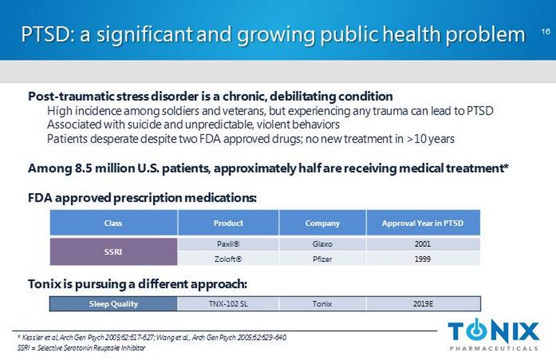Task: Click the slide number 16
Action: coord(545,31)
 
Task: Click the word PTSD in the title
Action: coord(46,34)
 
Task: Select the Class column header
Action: coord(113,223)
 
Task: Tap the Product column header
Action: coord(228,223)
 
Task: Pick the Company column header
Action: coord(322,223)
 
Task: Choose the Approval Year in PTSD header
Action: coord(423,223)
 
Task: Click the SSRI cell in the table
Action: coord(113,251)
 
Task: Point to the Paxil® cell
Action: coord(228,244)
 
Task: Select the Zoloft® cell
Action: coord(228,259)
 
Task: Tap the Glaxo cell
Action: coord(322,244)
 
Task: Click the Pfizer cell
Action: coord(322,259)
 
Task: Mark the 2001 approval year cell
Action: coord(423,244)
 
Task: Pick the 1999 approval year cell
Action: coord(423,259)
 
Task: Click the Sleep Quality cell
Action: coord(113,304)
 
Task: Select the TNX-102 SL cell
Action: coord(228,304)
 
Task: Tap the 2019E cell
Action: coord(423,304)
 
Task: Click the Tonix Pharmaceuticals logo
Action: coord(494,334)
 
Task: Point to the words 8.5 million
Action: coord(98,168)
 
